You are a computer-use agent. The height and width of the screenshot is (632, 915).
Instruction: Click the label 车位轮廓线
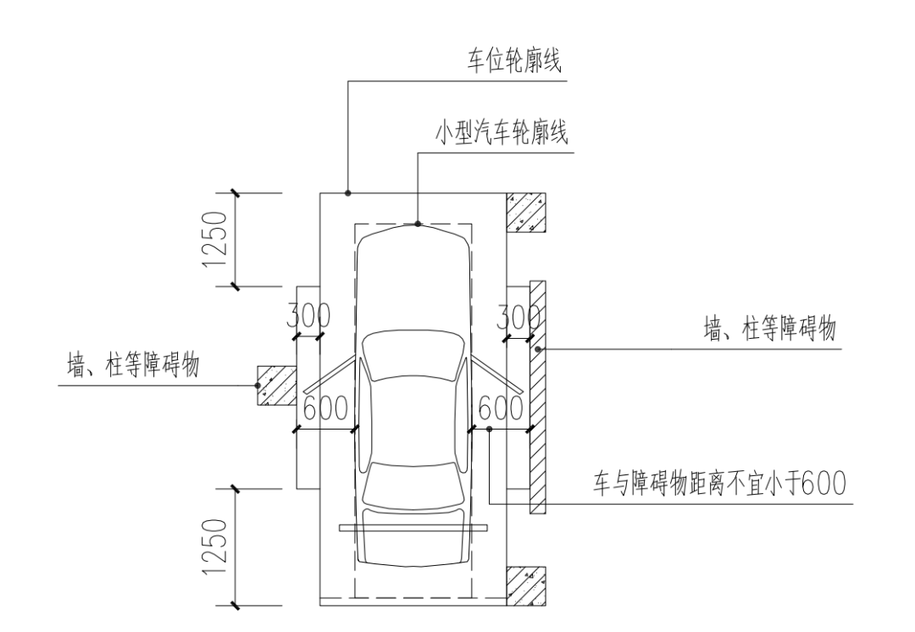pyautogui.click(x=516, y=62)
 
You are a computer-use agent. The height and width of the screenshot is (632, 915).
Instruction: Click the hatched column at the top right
pyautogui.click(x=526, y=213)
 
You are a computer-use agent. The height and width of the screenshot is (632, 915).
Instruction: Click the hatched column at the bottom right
pyautogui.click(x=526, y=584)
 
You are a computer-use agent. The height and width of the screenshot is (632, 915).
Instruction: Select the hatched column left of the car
pyautogui.click(x=276, y=385)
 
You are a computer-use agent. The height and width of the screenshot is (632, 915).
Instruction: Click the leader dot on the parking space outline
pyautogui.click(x=348, y=194)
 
